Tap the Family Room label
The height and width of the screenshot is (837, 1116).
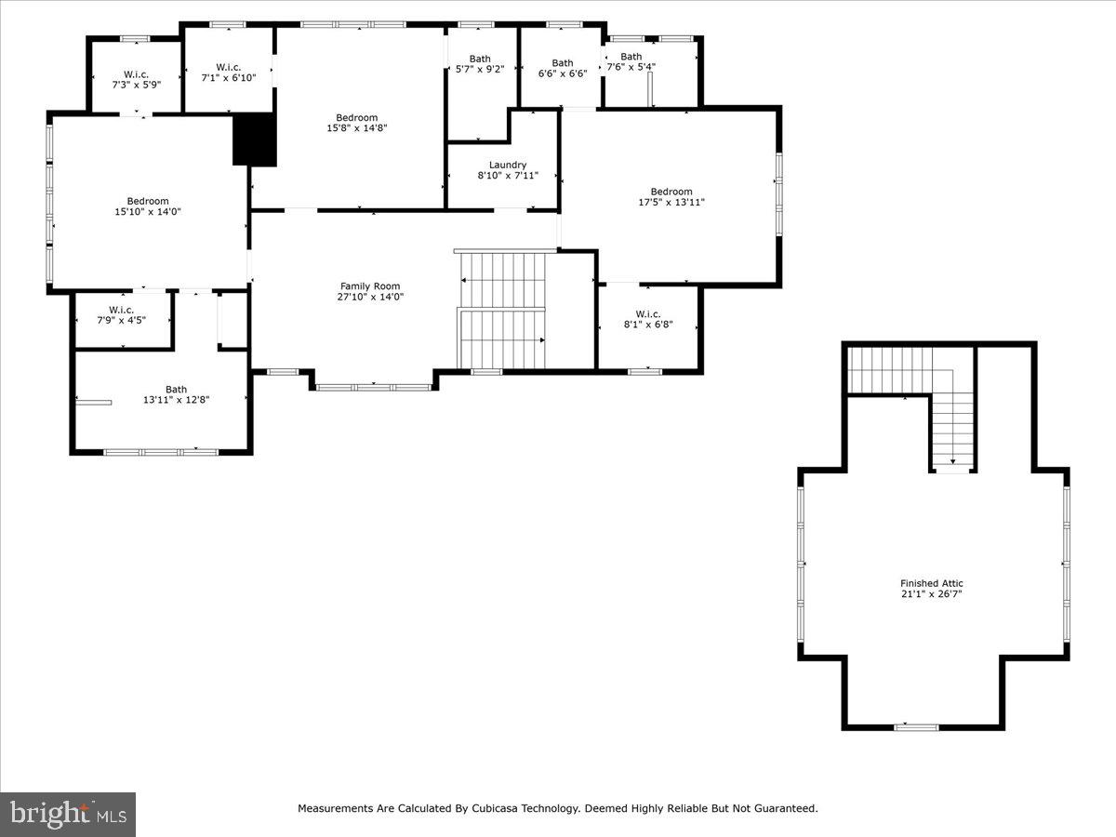[x=370, y=286]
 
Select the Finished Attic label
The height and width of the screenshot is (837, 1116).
[x=931, y=583]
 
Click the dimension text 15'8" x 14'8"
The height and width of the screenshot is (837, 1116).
[x=356, y=128]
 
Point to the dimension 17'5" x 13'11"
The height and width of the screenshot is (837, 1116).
[x=671, y=202]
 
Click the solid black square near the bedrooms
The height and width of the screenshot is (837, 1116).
[x=254, y=139]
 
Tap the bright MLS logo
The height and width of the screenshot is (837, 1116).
[x=68, y=814]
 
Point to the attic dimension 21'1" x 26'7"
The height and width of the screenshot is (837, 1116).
[x=931, y=593]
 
